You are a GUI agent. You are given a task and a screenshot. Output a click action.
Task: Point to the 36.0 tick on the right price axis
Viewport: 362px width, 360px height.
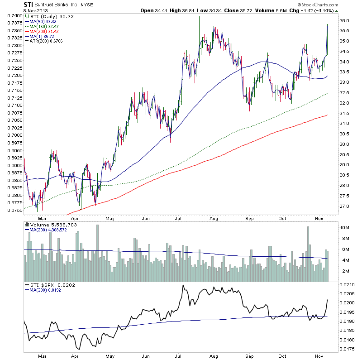tap(345, 21)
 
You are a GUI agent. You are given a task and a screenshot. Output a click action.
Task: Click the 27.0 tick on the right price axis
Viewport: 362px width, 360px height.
tap(345, 206)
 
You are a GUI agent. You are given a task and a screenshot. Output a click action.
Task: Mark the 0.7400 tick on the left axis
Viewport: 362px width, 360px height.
tap(12, 15)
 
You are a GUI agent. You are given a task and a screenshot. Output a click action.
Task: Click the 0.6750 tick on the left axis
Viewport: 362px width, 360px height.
tap(12, 210)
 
